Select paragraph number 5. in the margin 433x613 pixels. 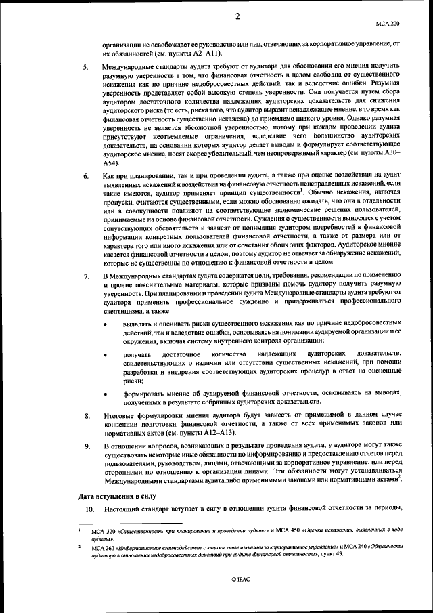tap(86, 68)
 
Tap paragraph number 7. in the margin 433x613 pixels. tap(86, 276)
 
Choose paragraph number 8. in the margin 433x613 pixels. tap(86, 414)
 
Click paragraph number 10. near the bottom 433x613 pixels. tap(87, 508)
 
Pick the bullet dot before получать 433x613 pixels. tap(104, 355)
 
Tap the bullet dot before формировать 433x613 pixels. tap(104, 394)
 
